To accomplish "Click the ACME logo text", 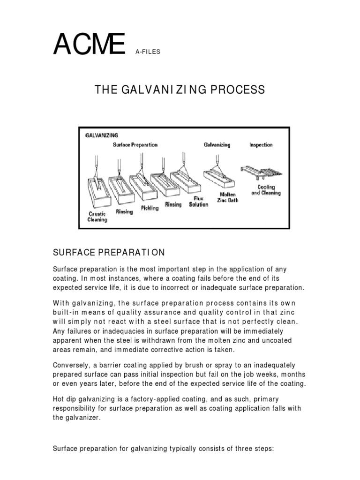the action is click(89, 45).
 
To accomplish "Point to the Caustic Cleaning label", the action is click(97, 217).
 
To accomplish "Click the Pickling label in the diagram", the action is click(150, 207).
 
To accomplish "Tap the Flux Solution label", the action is click(199, 202).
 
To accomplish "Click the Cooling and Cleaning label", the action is click(266, 190).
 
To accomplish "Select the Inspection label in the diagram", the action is click(261, 145).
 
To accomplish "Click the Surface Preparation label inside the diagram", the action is click(135, 145).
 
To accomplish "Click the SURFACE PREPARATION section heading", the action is click(109, 253).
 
